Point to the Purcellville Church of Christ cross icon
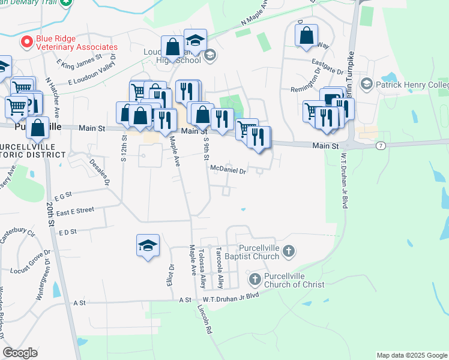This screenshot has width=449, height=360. [x=255, y=280]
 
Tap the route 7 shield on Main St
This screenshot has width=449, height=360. [x=381, y=146]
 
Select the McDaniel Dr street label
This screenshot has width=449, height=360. [x=228, y=170]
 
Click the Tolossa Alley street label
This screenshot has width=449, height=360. [x=203, y=268]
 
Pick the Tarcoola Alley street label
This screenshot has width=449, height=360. [x=220, y=268]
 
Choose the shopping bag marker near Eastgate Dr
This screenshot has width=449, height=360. [x=307, y=35]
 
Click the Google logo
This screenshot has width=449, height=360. [x=20, y=353]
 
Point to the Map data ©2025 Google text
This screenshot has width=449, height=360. [x=411, y=355]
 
